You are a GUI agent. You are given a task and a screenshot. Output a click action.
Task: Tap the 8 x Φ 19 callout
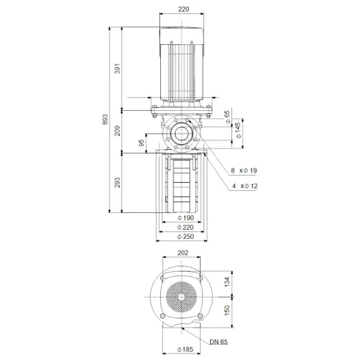(x=242, y=170)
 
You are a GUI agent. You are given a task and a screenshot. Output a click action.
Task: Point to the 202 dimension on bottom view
(x=182, y=253)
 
